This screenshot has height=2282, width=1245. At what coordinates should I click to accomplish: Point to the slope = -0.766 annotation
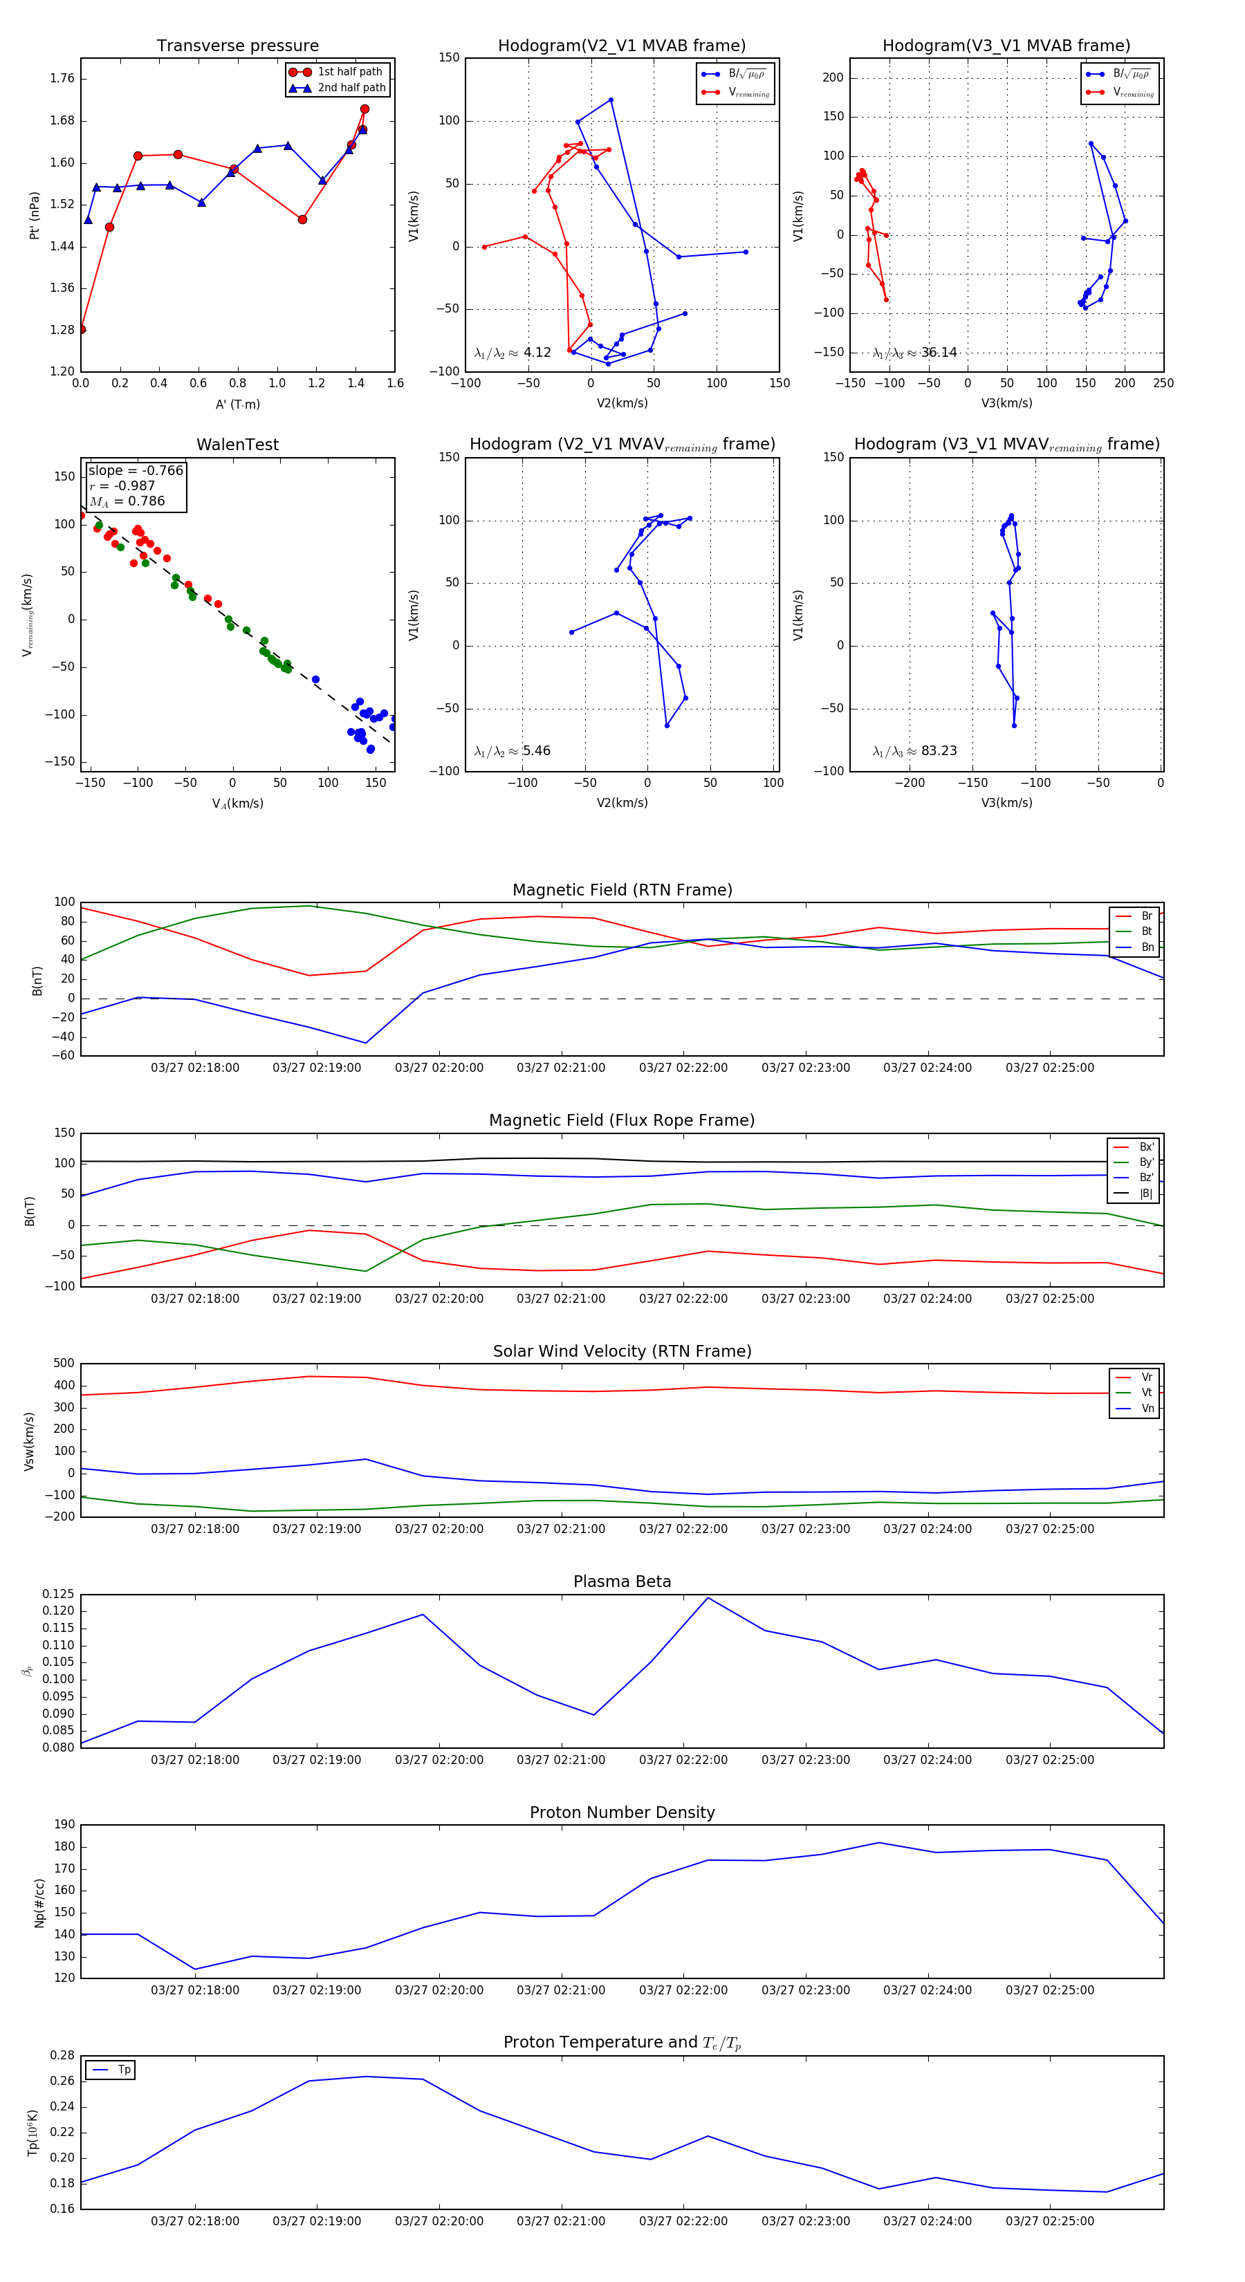(136, 470)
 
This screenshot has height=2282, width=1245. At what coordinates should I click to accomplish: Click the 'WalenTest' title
(237, 445)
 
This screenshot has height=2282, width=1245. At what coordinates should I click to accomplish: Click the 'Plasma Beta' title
(622, 1581)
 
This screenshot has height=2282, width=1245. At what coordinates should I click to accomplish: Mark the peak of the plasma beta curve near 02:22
(707, 1597)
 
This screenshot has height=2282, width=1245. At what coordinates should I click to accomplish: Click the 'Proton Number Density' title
(622, 1812)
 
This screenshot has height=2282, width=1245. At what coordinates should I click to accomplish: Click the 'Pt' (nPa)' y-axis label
(35, 215)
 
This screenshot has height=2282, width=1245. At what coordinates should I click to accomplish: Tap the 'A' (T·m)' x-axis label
(237, 404)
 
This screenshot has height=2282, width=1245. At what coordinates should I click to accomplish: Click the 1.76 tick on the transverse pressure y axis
(62, 79)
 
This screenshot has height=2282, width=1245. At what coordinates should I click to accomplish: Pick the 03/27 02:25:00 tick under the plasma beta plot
(1049, 1759)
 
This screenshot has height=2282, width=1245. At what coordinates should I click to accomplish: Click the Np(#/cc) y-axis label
(39, 1903)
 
